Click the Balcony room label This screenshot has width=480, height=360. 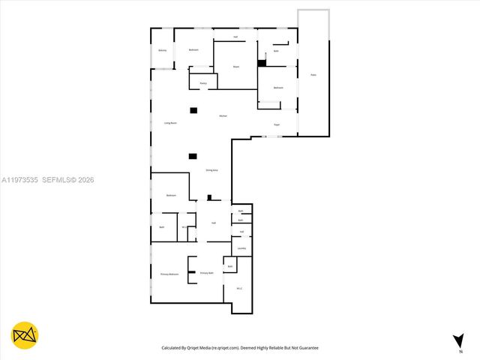click(163, 51)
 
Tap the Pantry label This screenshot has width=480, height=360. click(202, 83)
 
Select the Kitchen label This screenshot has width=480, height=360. click(223, 116)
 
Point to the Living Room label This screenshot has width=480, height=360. click(170, 123)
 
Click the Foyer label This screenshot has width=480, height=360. click(277, 124)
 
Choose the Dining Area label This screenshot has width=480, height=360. click(211, 171)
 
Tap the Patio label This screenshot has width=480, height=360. click(313, 75)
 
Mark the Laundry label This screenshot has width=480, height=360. click(241, 248)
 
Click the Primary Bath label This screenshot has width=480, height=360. click(206, 273)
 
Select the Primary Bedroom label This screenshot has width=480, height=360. click(169, 274)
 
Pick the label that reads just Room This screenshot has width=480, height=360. click(235, 67)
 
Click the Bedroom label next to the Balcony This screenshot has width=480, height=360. click(193, 49)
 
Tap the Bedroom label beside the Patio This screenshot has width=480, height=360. click(278, 88)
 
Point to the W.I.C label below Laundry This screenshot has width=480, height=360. click(239, 288)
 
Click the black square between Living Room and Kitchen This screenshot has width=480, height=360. click(193, 110)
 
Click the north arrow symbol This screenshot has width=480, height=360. click(457, 341)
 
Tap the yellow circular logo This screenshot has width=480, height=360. click(25, 335)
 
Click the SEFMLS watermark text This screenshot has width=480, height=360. click(58, 180)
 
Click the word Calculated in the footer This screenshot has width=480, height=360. click(173, 348)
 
